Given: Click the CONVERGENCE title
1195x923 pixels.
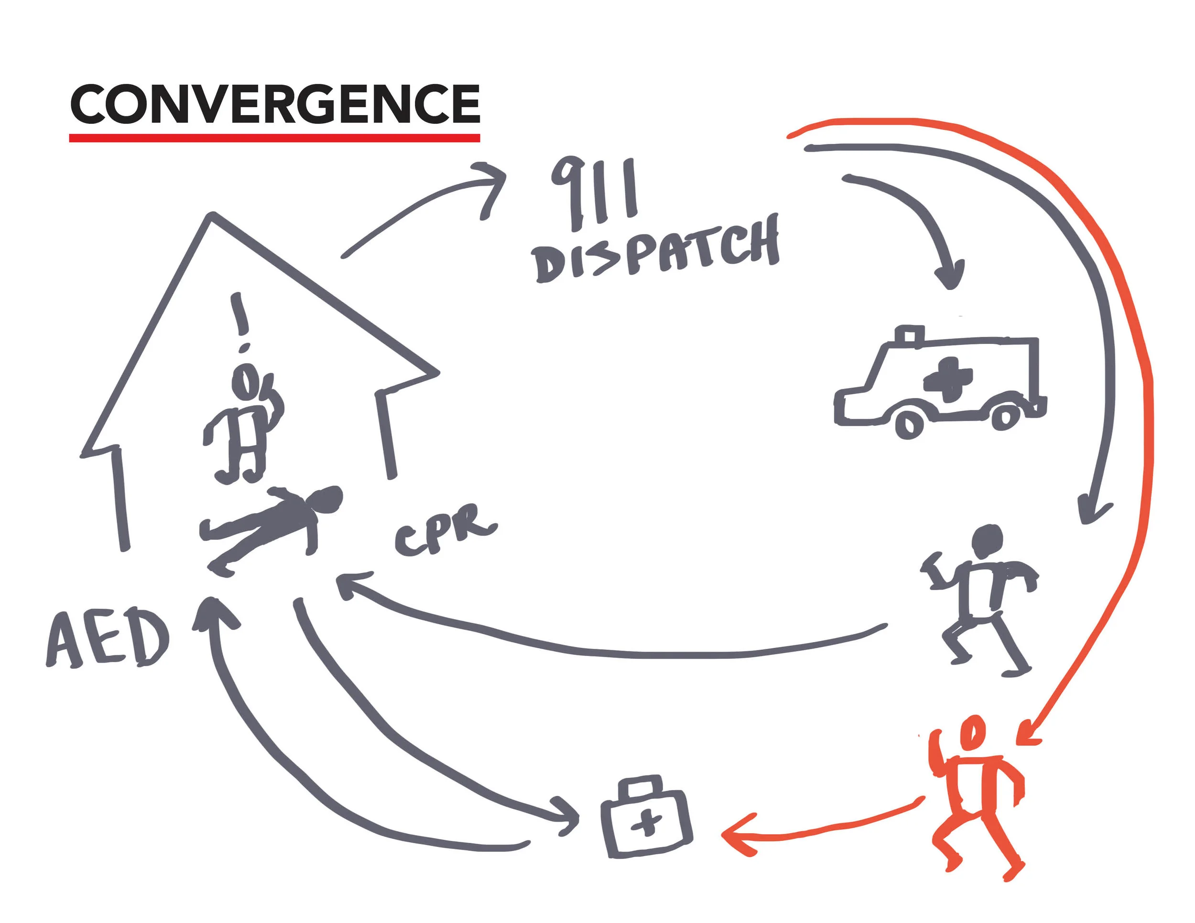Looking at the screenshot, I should [x=275, y=103].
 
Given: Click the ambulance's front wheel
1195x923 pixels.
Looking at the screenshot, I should [x=909, y=424].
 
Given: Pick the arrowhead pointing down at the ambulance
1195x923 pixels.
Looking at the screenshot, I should [x=949, y=276].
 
